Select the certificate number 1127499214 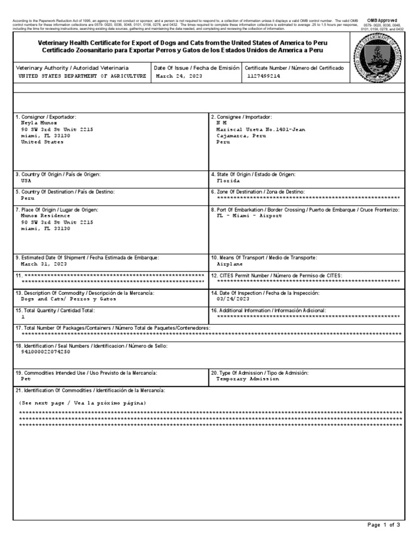pyautogui.click(x=263, y=77)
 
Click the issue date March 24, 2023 pyautogui.click(x=179, y=77)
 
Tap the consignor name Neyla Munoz pyautogui.click(x=39, y=123)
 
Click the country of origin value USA pyautogui.click(x=27, y=180)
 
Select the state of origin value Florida pyautogui.click(x=228, y=180)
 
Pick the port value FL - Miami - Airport pyautogui.click(x=249, y=215)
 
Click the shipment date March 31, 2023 pyautogui.click(x=44, y=263)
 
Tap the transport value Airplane pyautogui.click(x=230, y=263)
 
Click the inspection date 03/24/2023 pyautogui.click(x=233, y=299)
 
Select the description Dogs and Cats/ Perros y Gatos pyautogui.click(x=69, y=299)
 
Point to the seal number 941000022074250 pyautogui.click(x=45, y=351)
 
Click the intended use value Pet pyautogui.click(x=26, y=378)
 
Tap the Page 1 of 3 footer pyautogui.click(x=384, y=525)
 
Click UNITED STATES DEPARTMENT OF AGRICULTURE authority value pyautogui.click(x=82, y=77)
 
